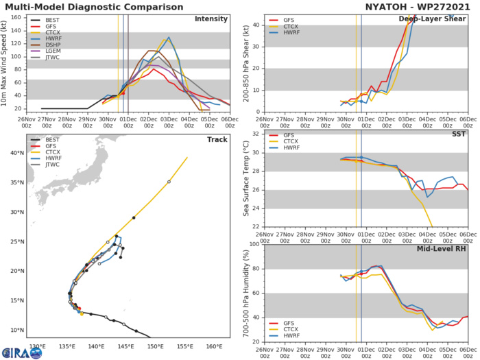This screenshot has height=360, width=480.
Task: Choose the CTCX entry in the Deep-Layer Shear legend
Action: [x=286, y=30]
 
